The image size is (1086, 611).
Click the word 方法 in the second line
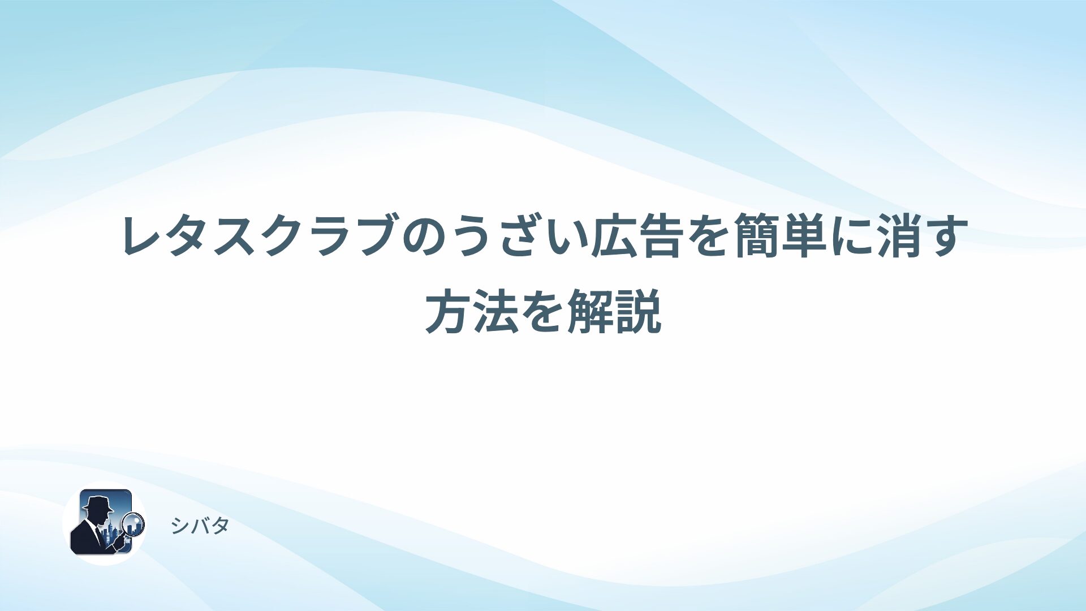(472, 311)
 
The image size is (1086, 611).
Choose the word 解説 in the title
(614, 311)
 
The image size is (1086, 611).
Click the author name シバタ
(200, 526)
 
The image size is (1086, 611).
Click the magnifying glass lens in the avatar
(134, 523)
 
